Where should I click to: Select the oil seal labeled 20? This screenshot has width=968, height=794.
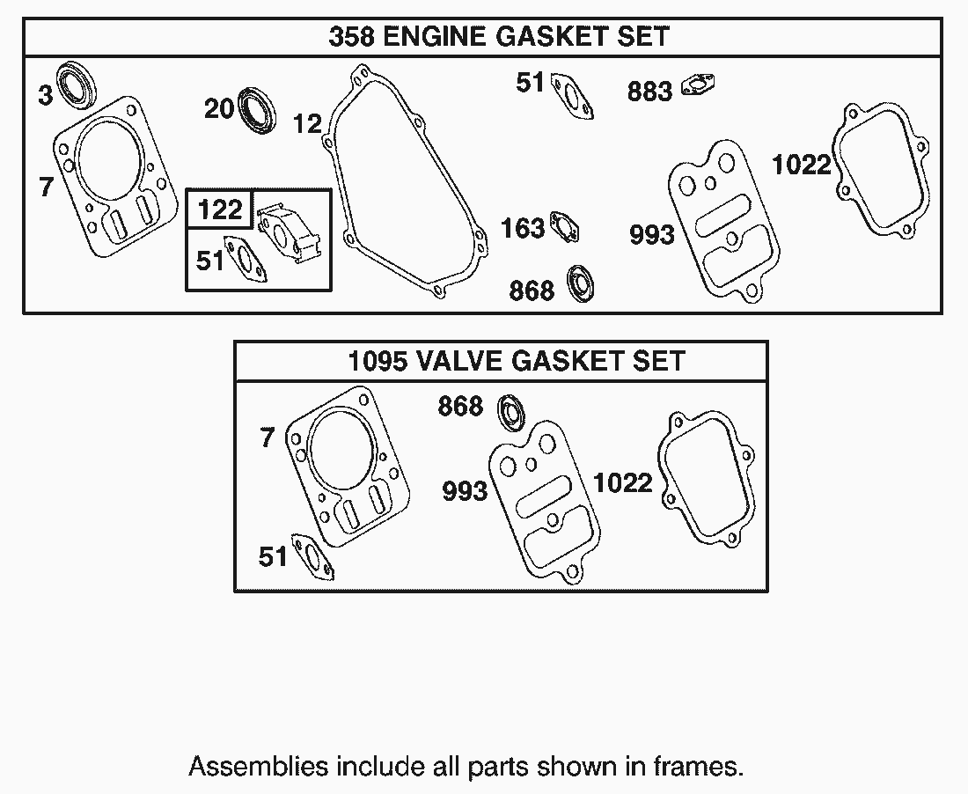257,111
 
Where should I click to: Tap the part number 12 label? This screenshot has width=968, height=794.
307,124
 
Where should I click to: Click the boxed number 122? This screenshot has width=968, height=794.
220,210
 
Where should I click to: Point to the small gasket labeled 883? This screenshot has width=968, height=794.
699,85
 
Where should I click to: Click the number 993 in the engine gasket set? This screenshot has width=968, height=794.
652,235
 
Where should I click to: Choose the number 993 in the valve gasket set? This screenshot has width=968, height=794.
465,491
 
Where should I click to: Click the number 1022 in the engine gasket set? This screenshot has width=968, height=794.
802,165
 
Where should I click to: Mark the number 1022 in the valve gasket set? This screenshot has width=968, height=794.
622,482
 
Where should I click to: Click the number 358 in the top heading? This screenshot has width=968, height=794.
351,37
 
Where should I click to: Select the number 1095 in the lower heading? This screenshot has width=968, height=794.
378,361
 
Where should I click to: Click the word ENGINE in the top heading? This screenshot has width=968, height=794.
436,37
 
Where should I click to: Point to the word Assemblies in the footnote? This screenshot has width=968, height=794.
258,767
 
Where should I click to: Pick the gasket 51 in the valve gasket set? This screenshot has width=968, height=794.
312,557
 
